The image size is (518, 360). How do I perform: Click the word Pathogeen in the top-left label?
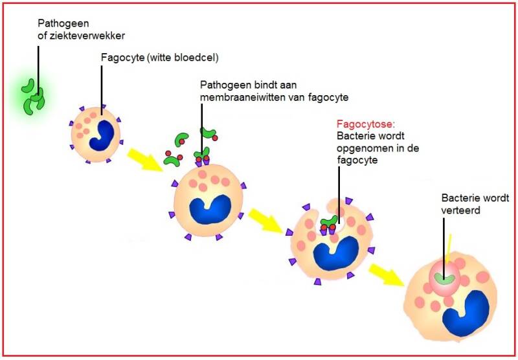pyautogui.click(x=63, y=24)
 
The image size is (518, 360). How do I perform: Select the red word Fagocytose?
pyautogui.click(x=365, y=124)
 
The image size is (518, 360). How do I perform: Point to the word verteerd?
pyautogui.click(x=460, y=210)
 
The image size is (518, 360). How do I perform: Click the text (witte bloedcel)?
pyautogui.click(x=183, y=58)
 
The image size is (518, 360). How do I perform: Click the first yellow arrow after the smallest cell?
pyautogui.click(x=144, y=160)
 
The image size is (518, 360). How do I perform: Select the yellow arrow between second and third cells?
pyautogui.click(x=266, y=221)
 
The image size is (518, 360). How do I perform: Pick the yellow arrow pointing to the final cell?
pyautogui.click(x=387, y=275)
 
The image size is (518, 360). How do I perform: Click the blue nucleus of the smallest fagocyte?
pyautogui.click(x=101, y=135)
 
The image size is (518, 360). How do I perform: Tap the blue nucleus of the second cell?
pyautogui.click(x=210, y=210)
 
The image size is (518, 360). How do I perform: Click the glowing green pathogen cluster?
pyautogui.click(x=33, y=97)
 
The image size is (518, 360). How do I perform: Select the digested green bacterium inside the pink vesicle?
pyautogui.click(x=444, y=279)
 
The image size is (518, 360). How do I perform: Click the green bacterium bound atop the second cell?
pyautogui.click(x=202, y=153)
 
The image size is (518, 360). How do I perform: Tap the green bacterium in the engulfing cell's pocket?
pyautogui.click(x=330, y=221)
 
